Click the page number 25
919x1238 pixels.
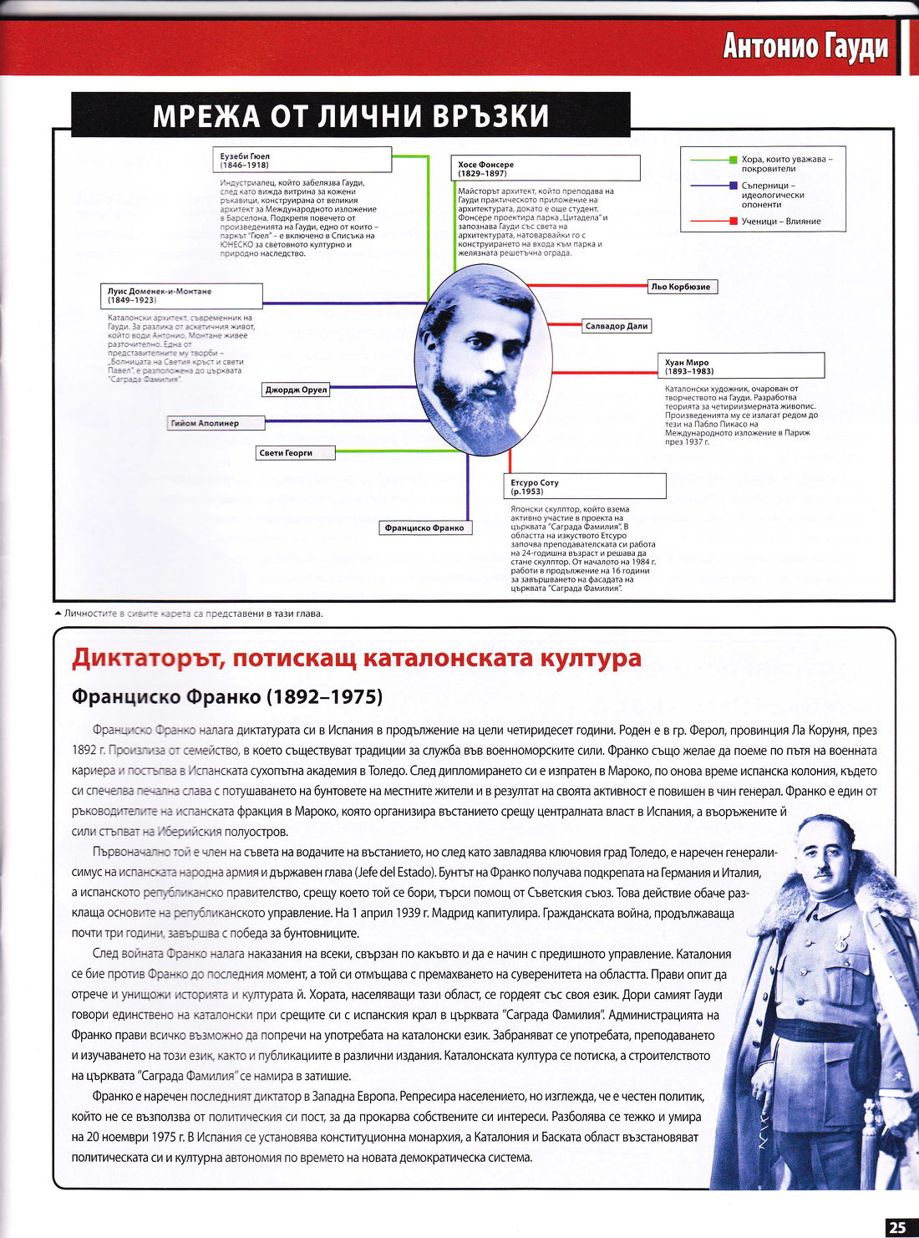[x=897, y=1227]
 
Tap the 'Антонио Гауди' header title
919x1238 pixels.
[x=805, y=46]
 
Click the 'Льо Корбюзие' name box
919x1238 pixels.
[x=681, y=287]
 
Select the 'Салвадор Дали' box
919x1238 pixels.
[x=617, y=326]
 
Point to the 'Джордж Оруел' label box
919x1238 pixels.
[x=297, y=390]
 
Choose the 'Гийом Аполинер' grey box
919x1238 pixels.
[x=216, y=423]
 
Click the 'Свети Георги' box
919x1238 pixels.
[x=295, y=453]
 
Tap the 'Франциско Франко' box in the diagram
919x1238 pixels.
[x=424, y=527]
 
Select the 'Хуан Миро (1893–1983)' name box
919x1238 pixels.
[x=741, y=366]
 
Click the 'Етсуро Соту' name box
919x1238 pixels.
[x=586, y=487]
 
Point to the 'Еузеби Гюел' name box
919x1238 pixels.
[x=303, y=160]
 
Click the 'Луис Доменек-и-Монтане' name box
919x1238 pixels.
[x=181, y=295]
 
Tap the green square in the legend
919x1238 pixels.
[x=734, y=159]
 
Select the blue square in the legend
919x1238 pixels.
[x=734, y=186]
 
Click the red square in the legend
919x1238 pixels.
[x=734, y=222]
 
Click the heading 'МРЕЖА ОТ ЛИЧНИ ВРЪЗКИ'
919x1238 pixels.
[x=350, y=115]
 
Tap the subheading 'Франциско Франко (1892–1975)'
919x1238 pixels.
[x=227, y=696]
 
